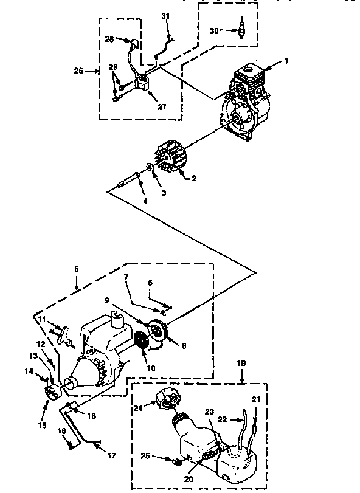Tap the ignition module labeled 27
(144, 83)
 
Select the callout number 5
(78, 267)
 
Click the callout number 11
(42, 319)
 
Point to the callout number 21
(254, 399)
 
